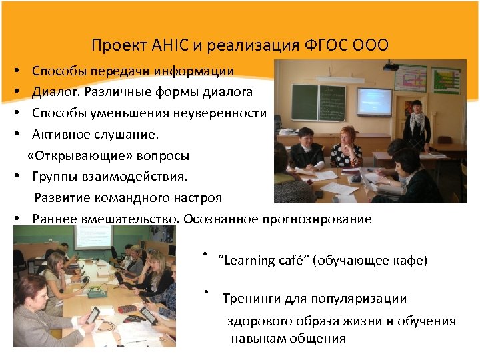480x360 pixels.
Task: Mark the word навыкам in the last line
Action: click(x=257, y=338)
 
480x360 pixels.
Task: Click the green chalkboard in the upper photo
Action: click(x=321, y=101)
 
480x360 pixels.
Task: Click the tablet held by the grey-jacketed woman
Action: click(x=93, y=313)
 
